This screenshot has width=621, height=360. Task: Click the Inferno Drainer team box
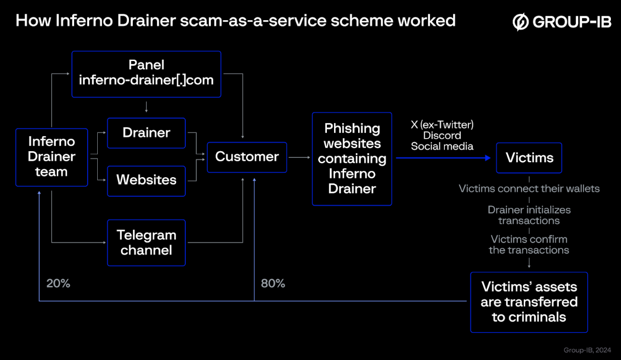pos(52,157)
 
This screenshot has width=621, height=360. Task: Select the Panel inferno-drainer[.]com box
pos(146,74)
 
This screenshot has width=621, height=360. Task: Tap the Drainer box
pos(146,133)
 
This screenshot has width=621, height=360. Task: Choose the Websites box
pos(146,180)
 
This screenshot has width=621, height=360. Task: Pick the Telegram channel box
pos(146,243)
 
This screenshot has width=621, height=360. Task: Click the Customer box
pos(247,157)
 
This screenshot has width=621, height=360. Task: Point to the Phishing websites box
pos(352,158)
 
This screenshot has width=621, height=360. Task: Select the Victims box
pos(529,157)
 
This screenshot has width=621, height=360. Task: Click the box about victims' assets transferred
pos(529,302)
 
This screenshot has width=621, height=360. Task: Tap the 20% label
pos(58,283)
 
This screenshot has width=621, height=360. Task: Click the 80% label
pos(273,283)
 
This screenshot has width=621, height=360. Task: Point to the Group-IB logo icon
pos(520,22)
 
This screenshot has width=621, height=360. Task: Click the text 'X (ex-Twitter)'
pos(442,125)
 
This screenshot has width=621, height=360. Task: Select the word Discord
pos(442,135)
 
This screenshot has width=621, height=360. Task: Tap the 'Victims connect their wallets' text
pos(529,188)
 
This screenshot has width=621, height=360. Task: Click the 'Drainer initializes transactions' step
pos(529,215)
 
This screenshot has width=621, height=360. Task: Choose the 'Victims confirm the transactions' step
pos(529,244)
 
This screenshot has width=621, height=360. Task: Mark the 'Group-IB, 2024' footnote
pos(587,350)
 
